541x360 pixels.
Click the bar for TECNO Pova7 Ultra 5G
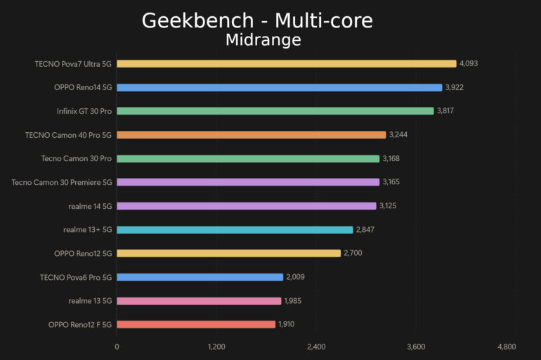pyautogui.click(x=287, y=63)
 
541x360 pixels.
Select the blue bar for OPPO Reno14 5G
pyautogui.click(x=280, y=87)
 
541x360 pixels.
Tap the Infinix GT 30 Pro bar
pyautogui.click(x=275, y=111)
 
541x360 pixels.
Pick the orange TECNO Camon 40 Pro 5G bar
pyautogui.click(x=252, y=134)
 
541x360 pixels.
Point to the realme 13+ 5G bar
pyautogui.click(x=235, y=229)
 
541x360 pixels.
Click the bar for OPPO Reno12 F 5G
pyautogui.click(x=196, y=324)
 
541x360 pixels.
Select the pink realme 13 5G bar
pyautogui.click(x=199, y=301)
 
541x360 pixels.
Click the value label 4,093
pyautogui.click(x=469, y=63)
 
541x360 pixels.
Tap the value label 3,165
pyautogui.click(x=391, y=182)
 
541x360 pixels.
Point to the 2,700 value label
pyautogui.click(x=353, y=253)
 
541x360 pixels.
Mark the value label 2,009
pyautogui.click(x=295, y=277)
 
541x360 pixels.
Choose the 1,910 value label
pyautogui.click(x=287, y=324)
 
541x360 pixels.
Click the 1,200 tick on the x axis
pyautogui.click(x=216, y=347)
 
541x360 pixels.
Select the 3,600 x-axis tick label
pyautogui.click(x=416, y=347)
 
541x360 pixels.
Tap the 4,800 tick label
pyautogui.click(x=507, y=347)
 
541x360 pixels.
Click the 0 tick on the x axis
pyautogui.click(x=117, y=347)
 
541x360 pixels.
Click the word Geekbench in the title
pyautogui.click(x=191, y=20)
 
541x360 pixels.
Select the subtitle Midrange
pyautogui.click(x=263, y=40)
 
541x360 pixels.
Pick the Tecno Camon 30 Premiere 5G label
pyautogui.click(x=62, y=182)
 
